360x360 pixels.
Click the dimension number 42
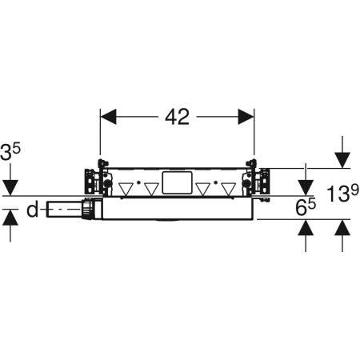point(177,117)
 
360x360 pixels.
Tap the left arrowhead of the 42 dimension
point(108,117)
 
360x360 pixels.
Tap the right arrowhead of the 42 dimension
point(246,117)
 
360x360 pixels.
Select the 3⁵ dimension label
point(10,153)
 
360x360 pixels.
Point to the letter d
point(33,210)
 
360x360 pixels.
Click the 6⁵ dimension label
point(306,207)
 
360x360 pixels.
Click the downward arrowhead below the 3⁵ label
point(10,188)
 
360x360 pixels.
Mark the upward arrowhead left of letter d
point(10,218)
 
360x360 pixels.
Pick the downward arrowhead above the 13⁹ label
point(342,160)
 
